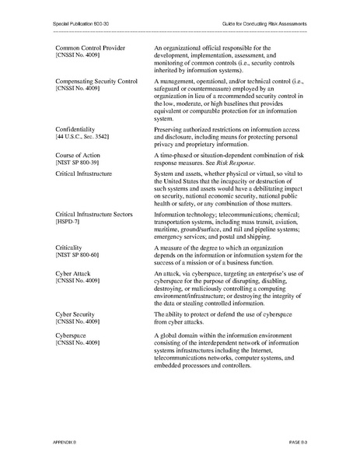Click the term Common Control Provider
(90, 48)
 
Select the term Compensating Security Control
(96, 81)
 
